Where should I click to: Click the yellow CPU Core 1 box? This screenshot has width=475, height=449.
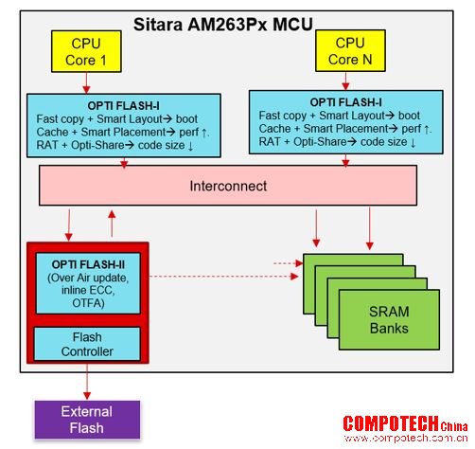86,51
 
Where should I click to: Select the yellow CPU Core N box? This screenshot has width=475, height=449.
350,50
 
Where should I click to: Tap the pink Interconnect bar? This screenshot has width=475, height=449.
228,186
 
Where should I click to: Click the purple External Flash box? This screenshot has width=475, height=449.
87,420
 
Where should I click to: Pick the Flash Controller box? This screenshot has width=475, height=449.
87,344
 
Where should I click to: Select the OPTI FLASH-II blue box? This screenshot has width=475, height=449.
88,283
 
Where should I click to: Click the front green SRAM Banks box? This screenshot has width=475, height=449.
389,319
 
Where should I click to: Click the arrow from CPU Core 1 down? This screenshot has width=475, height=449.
86,83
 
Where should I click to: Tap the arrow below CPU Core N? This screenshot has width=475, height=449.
345,81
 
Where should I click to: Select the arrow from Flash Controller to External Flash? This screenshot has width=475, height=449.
87,382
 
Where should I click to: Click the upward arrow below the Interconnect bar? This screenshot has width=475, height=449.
112,224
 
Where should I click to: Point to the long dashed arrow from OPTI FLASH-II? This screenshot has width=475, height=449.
223,277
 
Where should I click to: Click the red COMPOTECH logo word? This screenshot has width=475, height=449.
391,423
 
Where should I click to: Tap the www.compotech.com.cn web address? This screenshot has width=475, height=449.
406,439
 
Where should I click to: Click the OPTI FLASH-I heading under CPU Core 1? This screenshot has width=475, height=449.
123,106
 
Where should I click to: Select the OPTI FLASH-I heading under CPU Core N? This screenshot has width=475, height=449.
345,102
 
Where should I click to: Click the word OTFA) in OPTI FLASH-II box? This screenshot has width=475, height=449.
88,303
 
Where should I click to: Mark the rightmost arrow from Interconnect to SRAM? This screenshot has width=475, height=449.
370,228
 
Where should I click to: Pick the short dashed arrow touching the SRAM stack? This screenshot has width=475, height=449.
289,263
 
